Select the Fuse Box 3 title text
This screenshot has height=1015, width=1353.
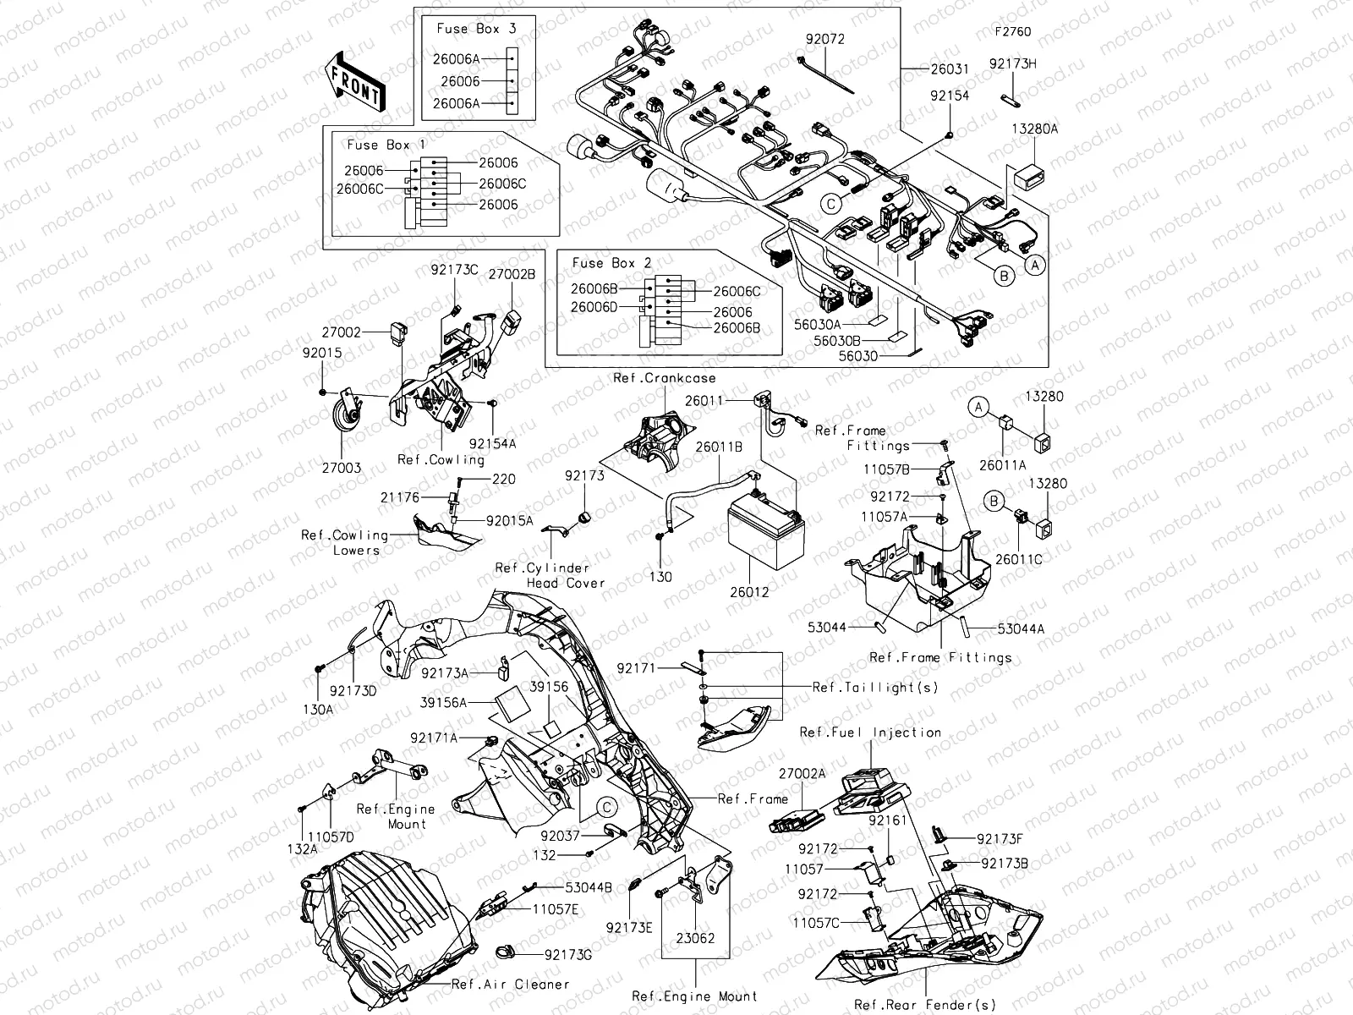tap(476, 29)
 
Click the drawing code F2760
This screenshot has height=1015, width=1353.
tap(1012, 33)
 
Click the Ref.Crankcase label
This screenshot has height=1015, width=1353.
tap(664, 378)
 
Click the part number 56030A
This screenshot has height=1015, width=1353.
tap(816, 324)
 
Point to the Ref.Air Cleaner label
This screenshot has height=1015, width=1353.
tap(510, 984)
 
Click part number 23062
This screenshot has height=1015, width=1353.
tap(695, 938)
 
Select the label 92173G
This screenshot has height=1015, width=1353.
tap(568, 954)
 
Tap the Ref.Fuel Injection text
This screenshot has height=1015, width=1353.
tap(870, 732)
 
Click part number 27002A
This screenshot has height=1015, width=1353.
tap(802, 773)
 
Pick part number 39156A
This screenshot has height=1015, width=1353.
tap(450, 702)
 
